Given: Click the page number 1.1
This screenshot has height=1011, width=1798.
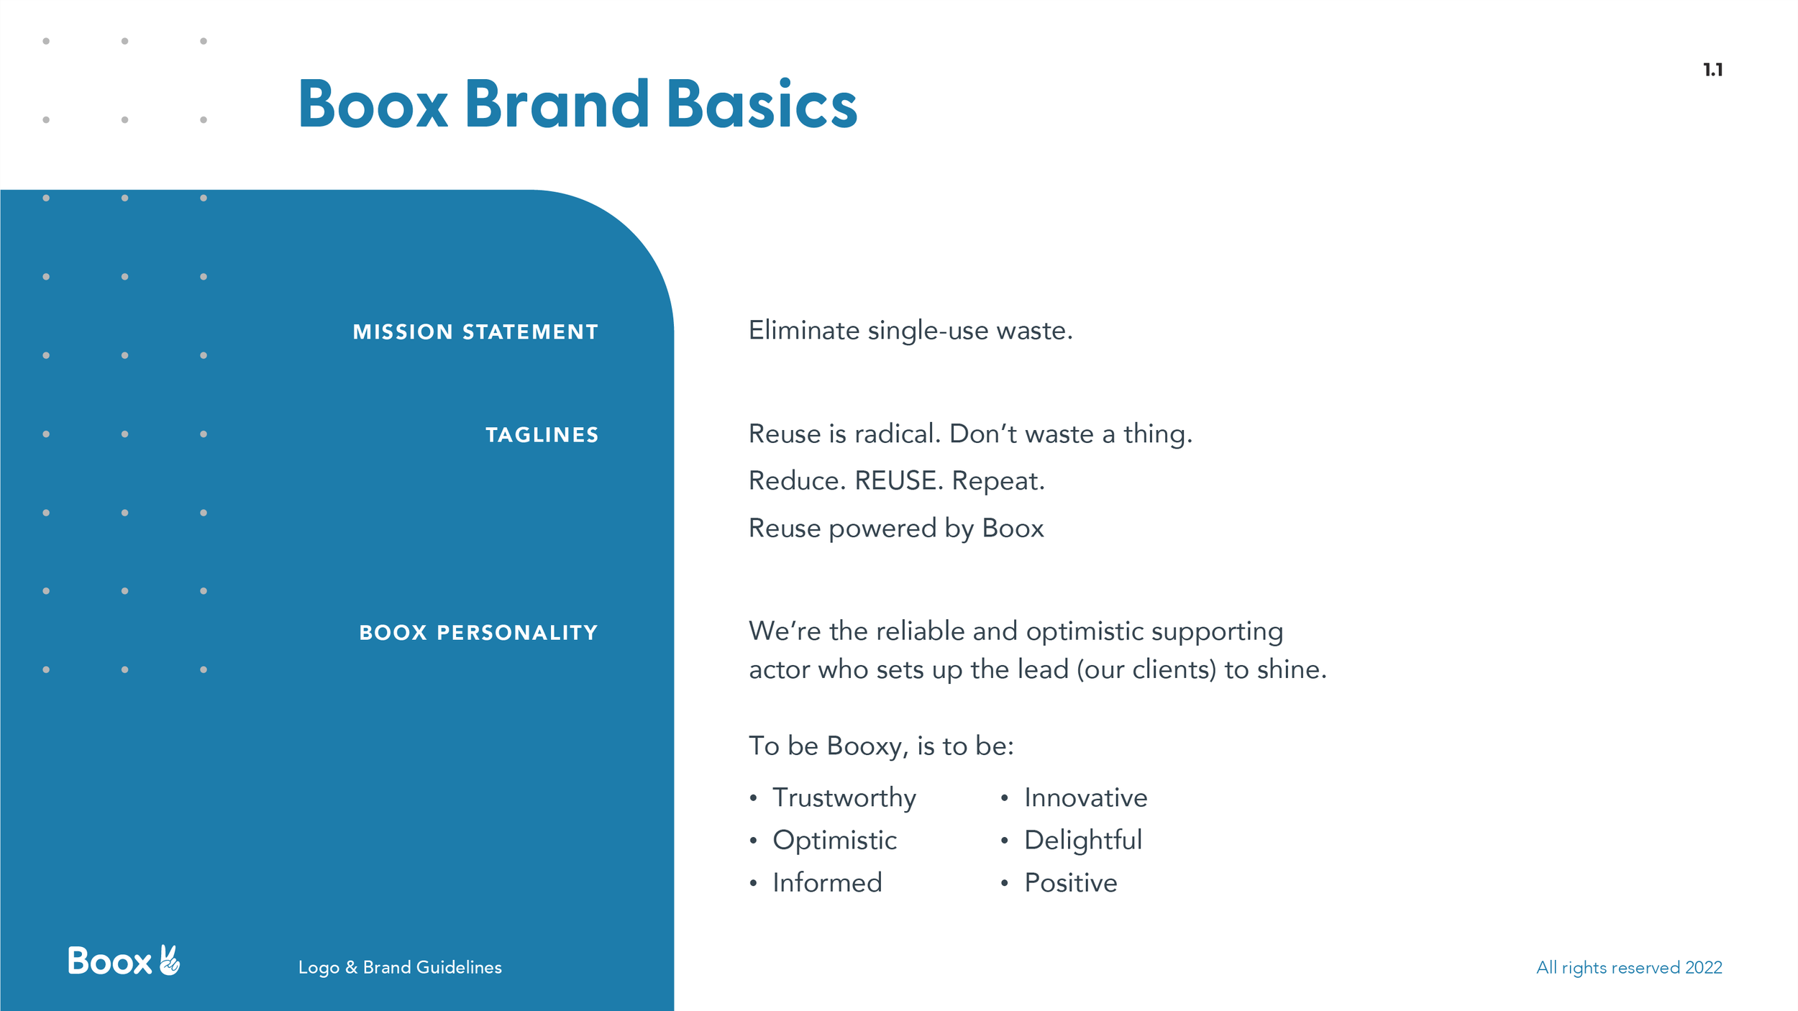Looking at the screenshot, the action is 1712,70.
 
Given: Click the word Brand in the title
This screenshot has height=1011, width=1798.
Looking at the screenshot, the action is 557,104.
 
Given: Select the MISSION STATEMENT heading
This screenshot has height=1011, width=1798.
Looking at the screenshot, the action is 475,331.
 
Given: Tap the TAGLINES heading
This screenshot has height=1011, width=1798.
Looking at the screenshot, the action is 542,435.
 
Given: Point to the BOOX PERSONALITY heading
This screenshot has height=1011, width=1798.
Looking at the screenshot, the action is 478,633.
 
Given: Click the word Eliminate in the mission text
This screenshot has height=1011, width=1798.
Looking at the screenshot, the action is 804,330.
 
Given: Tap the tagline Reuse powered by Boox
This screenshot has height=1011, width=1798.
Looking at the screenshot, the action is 896,529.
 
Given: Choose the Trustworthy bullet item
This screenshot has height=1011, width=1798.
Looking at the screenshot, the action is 844,798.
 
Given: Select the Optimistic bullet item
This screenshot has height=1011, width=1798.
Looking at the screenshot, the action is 834,841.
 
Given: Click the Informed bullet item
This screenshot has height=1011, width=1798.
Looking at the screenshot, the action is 827,882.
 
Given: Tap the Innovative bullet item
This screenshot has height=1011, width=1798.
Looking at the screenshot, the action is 1086,797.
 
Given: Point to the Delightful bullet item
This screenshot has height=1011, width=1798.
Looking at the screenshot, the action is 1083,840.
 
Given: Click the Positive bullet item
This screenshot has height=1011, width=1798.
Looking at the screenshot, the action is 1071,882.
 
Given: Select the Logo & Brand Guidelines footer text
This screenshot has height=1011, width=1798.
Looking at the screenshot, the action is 400,967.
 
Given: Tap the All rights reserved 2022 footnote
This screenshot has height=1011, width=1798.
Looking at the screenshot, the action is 1629,967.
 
